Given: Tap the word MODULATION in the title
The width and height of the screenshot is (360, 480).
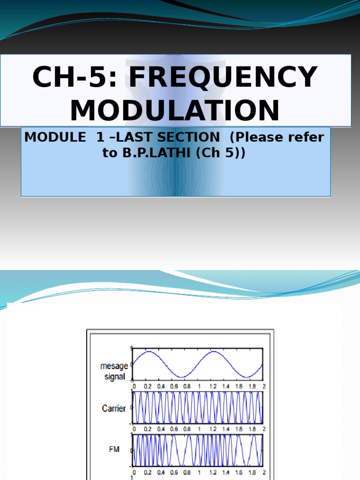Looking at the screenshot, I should click(x=175, y=111).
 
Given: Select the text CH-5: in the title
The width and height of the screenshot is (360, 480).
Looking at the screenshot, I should click(x=75, y=77).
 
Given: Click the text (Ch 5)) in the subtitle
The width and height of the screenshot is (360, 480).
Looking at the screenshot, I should click(x=220, y=153).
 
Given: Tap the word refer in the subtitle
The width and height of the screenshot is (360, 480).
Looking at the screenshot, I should click(x=307, y=137).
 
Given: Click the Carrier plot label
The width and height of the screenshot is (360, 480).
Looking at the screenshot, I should click(x=114, y=408).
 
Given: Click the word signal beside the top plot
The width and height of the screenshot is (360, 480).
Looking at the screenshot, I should click(x=115, y=376).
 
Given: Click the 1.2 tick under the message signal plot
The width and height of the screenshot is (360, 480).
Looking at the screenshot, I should click(x=213, y=386).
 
